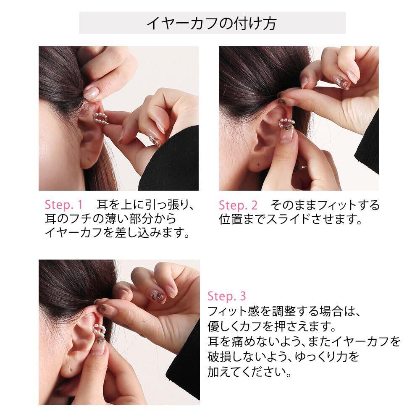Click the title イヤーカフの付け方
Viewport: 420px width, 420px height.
(212, 23)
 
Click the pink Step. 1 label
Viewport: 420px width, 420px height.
(64, 205)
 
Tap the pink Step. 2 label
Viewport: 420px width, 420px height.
(238, 205)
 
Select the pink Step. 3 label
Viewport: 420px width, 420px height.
(227, 296)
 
